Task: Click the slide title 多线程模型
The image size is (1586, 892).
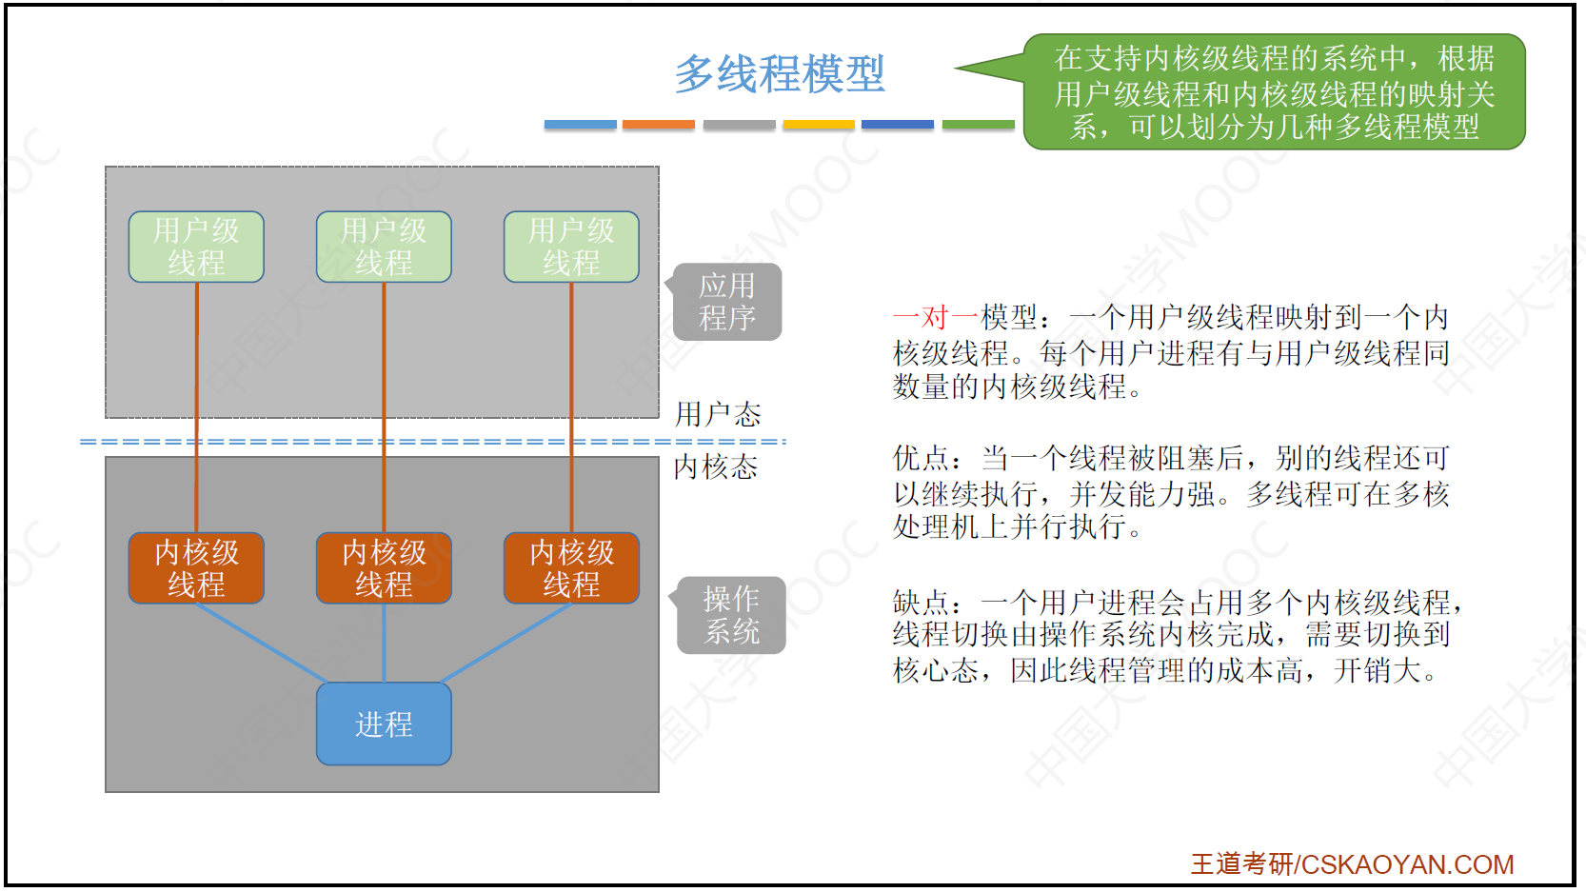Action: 780,74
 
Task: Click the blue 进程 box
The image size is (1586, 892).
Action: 384,724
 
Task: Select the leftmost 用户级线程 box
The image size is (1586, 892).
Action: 196,247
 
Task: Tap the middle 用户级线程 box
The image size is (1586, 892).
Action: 384,247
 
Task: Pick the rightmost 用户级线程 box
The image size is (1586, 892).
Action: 571,247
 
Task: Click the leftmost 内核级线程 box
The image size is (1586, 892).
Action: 196,568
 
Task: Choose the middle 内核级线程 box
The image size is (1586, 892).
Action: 384,568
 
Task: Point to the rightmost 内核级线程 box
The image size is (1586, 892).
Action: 571,568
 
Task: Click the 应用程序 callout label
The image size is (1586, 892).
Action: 728,302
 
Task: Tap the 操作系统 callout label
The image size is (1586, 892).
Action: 732,615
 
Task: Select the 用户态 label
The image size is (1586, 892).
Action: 718,414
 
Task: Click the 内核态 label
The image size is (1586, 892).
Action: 716,466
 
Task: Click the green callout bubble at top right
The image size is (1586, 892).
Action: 1274,92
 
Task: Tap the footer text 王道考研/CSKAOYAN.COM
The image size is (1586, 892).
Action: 1352,863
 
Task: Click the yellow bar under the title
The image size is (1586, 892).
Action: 819,125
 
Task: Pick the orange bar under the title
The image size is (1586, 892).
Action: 659,125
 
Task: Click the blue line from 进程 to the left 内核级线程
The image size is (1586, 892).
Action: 261,643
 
